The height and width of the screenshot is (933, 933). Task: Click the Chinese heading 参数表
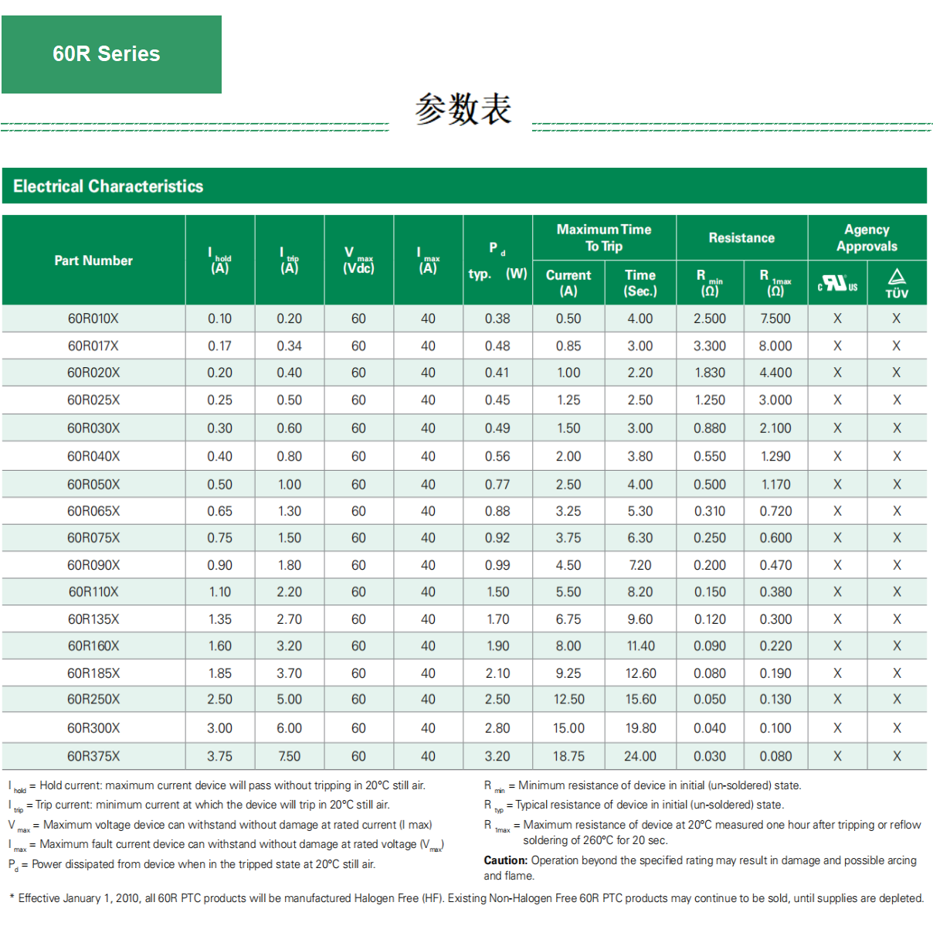(463, 109)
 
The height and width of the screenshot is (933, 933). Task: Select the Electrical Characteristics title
(108, 186)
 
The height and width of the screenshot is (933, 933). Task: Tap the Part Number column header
(93, 260)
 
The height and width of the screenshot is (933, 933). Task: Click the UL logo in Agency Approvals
(837, 284)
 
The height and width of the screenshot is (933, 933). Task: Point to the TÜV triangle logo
(897, 283)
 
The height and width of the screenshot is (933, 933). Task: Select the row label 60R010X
(93, 318)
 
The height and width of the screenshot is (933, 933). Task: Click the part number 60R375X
(93, 756)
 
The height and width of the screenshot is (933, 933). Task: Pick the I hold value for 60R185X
(219, 673)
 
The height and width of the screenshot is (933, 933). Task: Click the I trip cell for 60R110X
(290, 592)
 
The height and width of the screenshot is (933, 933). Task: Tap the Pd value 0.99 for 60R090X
(497, 565)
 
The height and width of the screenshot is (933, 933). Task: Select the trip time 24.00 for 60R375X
(640, 756)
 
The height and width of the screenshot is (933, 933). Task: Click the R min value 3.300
(710, 346)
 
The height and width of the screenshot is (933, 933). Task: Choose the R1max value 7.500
(775, 318)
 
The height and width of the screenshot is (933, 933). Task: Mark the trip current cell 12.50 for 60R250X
(568, 700)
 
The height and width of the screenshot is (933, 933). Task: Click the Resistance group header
(741, 238)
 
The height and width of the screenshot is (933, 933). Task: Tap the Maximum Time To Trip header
(604, 238)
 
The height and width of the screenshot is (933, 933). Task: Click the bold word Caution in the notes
(505, 860)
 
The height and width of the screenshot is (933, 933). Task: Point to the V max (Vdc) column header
(358, 260)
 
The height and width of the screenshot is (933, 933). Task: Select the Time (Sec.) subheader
(640, 283)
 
